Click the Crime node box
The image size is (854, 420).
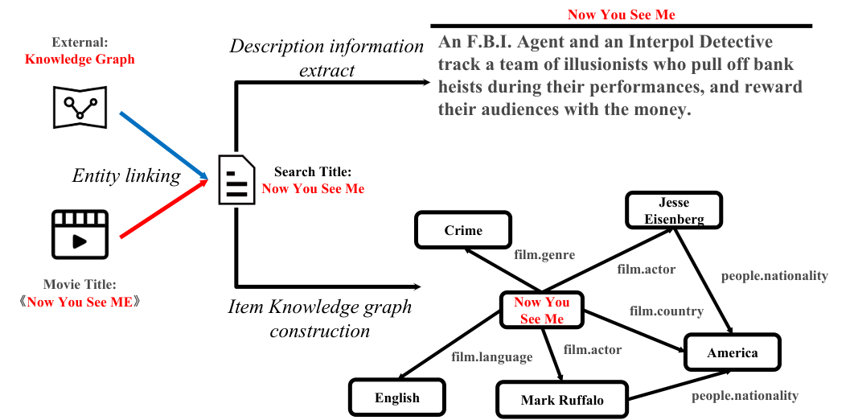(463, 230)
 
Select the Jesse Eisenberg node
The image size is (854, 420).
(674, 211)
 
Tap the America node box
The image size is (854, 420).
(732, 352)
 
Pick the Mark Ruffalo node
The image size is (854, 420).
(562, 400)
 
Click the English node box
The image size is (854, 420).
(397, 397)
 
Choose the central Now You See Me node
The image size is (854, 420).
(541, 311)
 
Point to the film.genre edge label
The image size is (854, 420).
(544, 254)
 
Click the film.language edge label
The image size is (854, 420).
(492, 357)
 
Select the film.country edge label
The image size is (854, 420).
(667, 311)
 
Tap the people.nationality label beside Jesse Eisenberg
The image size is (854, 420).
(774, 276)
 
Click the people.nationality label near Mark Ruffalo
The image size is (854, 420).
(745, 396)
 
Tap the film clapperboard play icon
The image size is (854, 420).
(80, 234)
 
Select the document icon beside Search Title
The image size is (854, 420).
(236, 179)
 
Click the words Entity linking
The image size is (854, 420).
(125, 175)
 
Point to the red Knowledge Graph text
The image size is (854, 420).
(80, 60)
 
